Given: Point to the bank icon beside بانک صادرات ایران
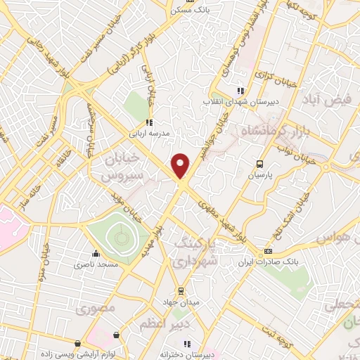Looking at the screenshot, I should point(268,251).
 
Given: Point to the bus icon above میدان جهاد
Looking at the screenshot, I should point(181,290).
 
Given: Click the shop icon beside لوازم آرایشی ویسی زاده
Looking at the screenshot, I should point(115,335).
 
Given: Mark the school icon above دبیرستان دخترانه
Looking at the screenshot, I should point(187,344).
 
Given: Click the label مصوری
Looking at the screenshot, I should point(96,309).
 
